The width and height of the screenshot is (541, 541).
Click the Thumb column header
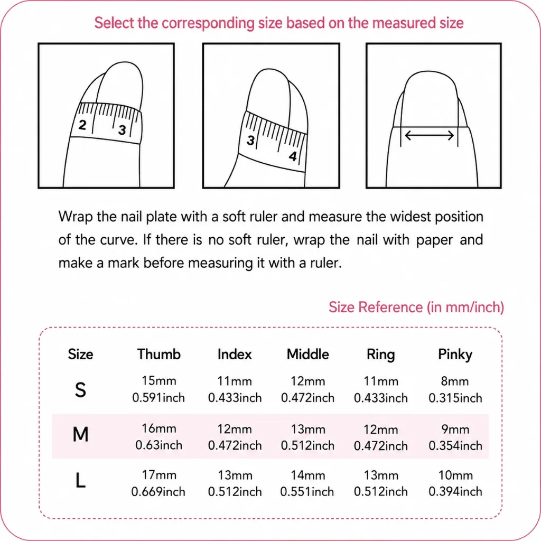click(x=158, y=355)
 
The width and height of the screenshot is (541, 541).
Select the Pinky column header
click(x=455, y=355)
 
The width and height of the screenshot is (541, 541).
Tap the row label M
click(x=80, y=434)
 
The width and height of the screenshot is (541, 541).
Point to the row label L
click(x=80, y=480)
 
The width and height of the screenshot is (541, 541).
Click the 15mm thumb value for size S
click(x=158, y=381)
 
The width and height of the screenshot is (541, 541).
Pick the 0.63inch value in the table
click(x=158, y=445)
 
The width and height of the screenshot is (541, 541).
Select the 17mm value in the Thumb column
click(x=159, y=475)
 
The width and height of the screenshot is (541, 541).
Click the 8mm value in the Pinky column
click(x=455, y=381)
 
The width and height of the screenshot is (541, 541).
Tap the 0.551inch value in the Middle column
click(x=307, y=492)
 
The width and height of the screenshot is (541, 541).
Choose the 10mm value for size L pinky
click(x=455, y=475)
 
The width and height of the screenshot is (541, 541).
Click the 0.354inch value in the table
click(x=455, y=446)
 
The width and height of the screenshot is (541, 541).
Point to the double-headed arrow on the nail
click(x=429, y=135)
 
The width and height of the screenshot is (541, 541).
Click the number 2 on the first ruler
click(x=82, y=125)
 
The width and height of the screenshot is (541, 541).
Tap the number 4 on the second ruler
click(x=293, y=156)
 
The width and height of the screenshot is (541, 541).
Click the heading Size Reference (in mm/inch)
click(x=416, y=307)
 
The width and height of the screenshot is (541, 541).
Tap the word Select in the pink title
click(x=114, y=23)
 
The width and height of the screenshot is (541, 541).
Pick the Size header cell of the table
click(x=80, y=355)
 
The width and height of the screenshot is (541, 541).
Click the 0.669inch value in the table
click(x=158, y=492)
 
